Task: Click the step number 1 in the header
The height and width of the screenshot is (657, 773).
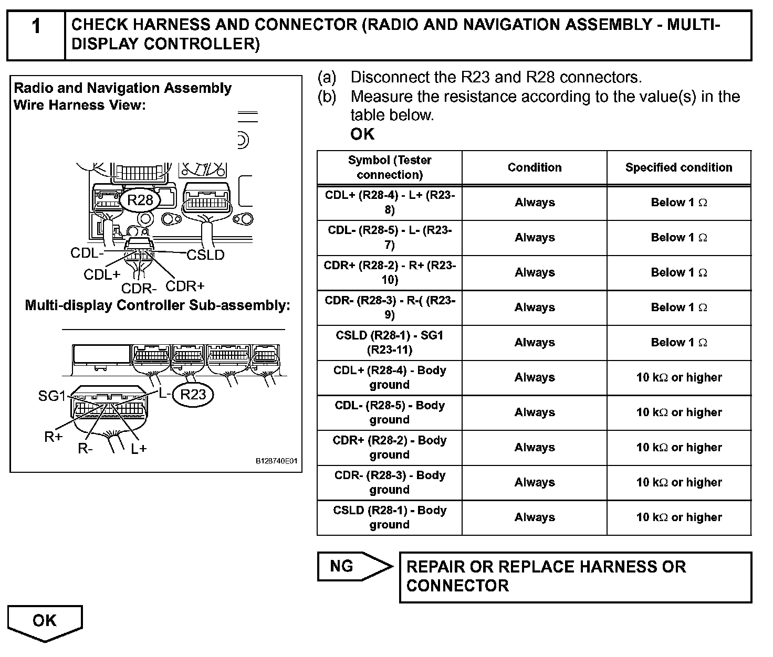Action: (x=36, y=26)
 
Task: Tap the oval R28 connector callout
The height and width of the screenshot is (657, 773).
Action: (x=140, y=200)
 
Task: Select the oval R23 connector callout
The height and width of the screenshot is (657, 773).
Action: (x=193, y=395)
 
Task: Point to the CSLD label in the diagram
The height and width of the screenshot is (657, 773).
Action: (x=205, y=255)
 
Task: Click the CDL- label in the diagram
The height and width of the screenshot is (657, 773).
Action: (x=87, y=253)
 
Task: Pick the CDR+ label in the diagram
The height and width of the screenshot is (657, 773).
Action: (x=185, y=286)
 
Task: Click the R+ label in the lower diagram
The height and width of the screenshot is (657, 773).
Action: (x=54, y=437)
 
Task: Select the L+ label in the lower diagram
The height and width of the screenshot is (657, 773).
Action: (x=139, y=449)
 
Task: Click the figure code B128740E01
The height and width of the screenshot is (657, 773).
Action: (x=277, y=461)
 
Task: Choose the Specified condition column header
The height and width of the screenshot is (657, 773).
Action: (x=678, y=167)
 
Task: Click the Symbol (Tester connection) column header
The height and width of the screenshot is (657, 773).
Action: (x=390, y=167)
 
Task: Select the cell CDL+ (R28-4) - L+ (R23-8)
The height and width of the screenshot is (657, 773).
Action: (x=390, y=203)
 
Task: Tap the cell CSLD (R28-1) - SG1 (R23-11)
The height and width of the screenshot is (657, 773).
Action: (x=390, y=342)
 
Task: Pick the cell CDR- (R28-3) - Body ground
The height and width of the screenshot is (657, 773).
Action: (x=390, y=482)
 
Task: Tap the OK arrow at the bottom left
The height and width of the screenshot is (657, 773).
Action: (x=45, y=621)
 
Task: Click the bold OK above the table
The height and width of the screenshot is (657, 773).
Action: (x=362, y=134)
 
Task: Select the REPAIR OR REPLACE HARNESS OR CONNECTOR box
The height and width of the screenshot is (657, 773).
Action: (x=575, y=576)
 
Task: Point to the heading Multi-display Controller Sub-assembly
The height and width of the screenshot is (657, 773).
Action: (x=158, y=305)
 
